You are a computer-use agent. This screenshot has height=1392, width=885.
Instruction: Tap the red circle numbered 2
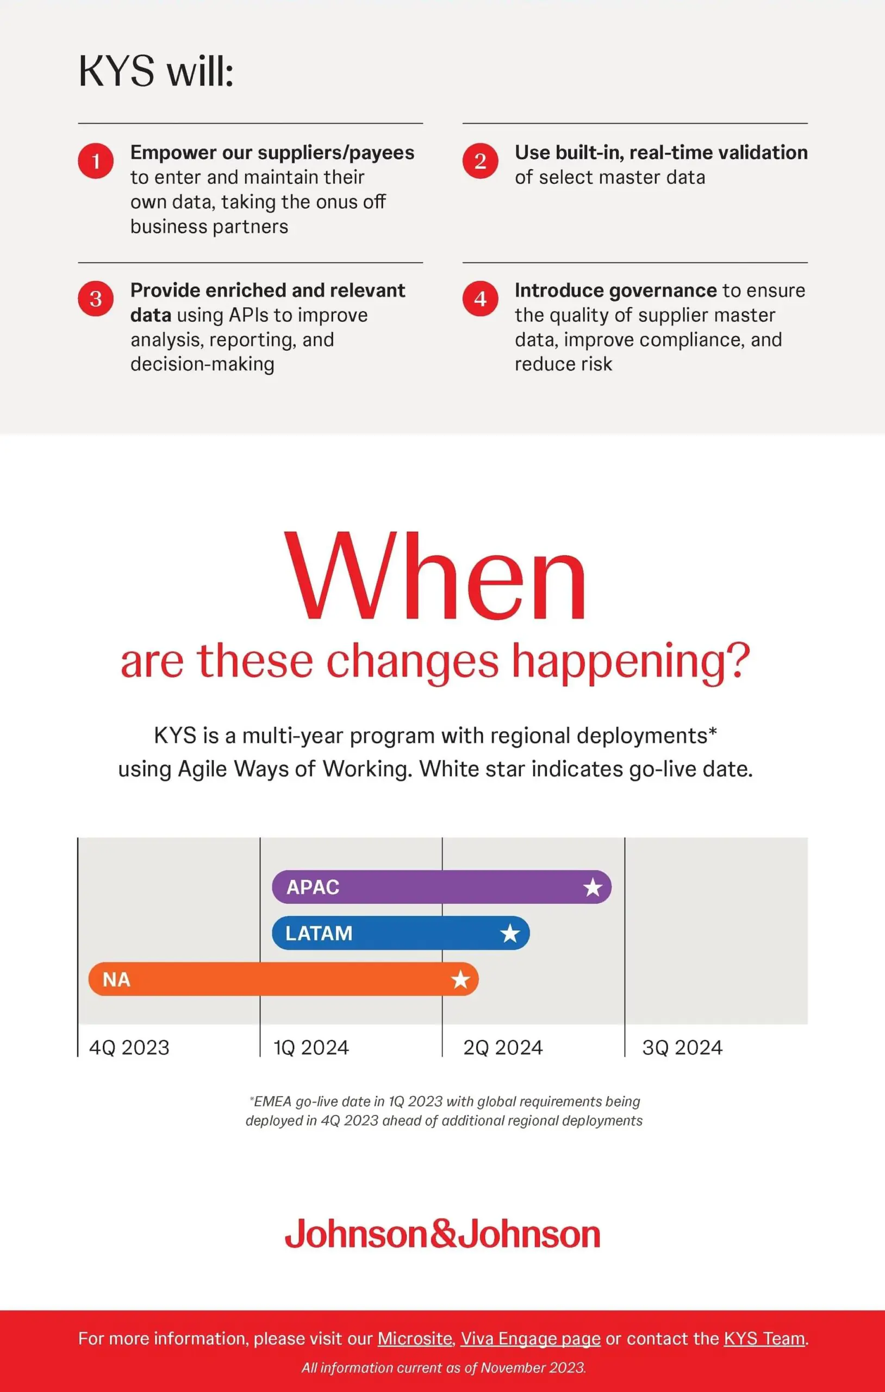480,161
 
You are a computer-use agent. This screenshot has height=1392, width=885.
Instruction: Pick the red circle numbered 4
480,299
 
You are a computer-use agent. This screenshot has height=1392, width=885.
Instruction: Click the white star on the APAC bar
593,887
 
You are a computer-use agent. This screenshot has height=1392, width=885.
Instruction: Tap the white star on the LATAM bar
510,933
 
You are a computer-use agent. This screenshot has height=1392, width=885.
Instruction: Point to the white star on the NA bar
460,979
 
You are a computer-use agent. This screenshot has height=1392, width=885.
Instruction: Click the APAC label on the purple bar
313,887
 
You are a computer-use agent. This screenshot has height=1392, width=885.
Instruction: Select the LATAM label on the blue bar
319,933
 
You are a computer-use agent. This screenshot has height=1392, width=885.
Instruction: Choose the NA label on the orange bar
116,979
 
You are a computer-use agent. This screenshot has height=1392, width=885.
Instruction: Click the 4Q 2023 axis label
129,1047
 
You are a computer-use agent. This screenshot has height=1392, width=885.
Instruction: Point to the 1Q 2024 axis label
311,1047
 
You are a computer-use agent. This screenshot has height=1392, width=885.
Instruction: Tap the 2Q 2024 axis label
503,1047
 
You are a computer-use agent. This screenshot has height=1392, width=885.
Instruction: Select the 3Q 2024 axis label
682,1047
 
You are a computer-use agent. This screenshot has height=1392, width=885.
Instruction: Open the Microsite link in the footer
414,1339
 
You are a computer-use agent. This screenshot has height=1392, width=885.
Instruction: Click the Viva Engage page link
531,1339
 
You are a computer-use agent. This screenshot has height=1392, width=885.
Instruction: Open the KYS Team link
764,1339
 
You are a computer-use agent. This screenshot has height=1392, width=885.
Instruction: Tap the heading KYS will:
156,71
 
